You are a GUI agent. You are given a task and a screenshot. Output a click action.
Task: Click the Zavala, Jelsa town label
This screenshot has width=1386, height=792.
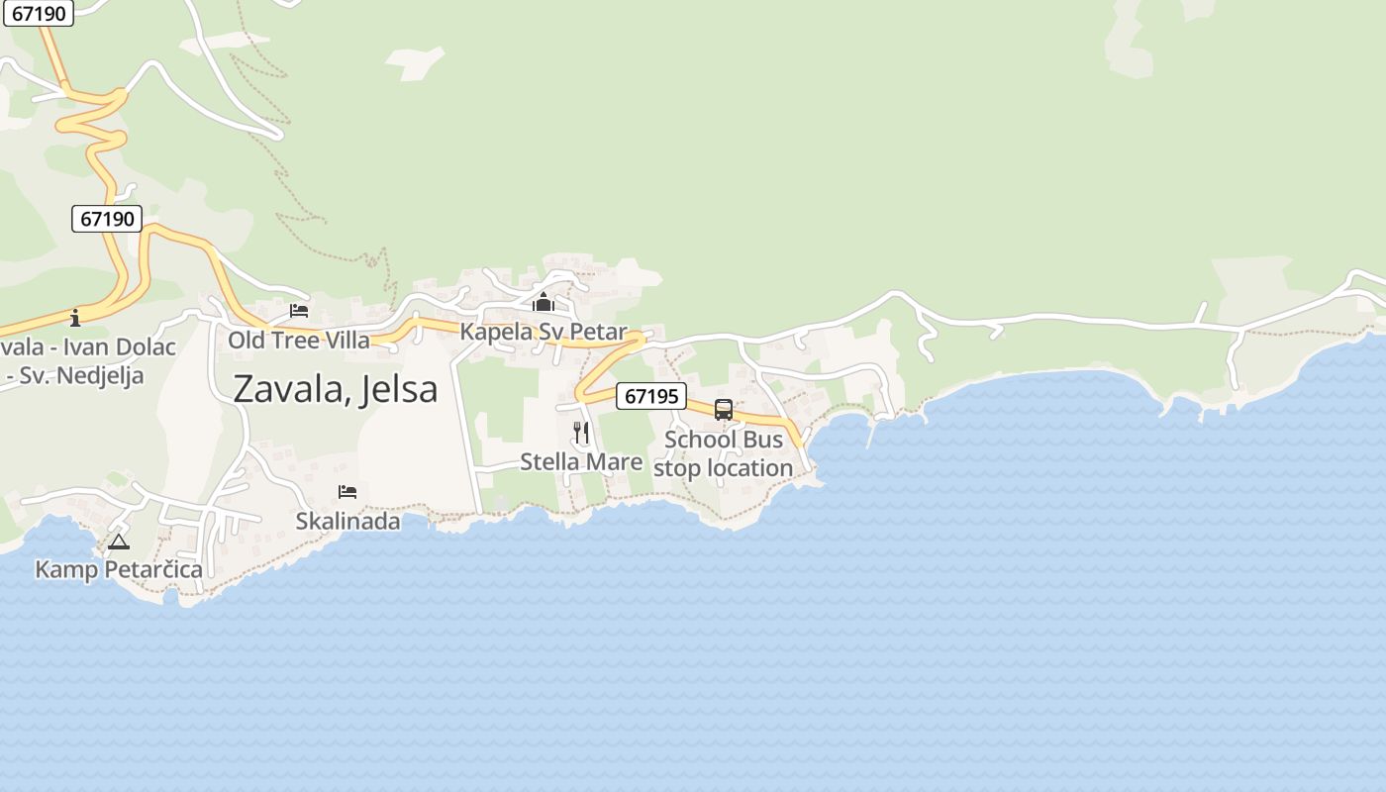click(335, 389)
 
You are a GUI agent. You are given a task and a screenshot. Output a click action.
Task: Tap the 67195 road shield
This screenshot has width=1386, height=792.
click(651, 396)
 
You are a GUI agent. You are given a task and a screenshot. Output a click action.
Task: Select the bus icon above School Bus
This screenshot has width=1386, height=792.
click(724, 410)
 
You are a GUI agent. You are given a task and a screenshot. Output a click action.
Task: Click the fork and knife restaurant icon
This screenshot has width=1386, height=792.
click(581, 433)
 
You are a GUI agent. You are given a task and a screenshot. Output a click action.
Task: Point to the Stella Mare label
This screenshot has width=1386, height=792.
click(581, 461)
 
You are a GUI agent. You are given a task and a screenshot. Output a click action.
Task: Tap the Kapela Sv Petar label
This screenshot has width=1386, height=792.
click(544, 332)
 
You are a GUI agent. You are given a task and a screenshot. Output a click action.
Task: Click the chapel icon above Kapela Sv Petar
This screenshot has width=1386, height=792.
click(543, 302)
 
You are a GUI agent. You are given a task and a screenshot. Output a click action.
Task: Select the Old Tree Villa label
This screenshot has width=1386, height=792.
click(299, 341)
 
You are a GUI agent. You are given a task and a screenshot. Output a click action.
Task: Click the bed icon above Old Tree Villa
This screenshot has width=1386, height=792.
click(299, 311)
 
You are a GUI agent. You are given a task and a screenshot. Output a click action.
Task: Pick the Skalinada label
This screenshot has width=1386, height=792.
click(347, 521)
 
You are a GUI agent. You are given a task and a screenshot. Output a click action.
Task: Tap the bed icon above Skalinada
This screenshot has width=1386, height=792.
click(347, 492)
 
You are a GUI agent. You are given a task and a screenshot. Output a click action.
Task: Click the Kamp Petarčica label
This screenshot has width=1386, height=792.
click(119, 569)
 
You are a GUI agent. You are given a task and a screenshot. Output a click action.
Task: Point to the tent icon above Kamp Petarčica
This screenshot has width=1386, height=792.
click(119, 542)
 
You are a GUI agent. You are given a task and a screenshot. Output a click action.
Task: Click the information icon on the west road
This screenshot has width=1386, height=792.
click(75, 318)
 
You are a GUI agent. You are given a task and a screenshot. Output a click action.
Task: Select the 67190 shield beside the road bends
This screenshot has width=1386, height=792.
click(107, 219)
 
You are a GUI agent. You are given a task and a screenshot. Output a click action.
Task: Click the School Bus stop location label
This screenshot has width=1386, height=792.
click(724, 453)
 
